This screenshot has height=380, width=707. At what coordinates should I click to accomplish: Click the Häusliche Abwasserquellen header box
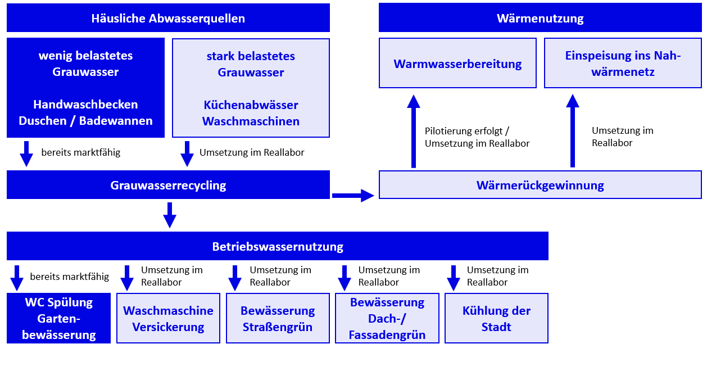pos(168,18)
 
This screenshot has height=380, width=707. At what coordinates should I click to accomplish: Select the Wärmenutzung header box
pos(540,18)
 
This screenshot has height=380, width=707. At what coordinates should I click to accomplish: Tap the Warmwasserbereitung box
pos(457,64)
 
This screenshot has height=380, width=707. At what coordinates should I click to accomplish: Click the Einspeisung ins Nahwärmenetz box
pos(623,64)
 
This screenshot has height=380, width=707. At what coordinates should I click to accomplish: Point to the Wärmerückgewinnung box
pos(540,185)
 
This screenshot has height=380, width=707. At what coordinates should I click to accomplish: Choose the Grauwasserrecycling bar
pos(168,185)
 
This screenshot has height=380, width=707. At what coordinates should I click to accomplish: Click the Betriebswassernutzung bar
pos(277,246)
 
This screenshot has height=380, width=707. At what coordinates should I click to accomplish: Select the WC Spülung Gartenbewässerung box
pos(58,319)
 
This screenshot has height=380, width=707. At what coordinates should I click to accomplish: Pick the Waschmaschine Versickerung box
pos(168,319)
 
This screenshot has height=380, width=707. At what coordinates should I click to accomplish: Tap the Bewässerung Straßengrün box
pos(277,319)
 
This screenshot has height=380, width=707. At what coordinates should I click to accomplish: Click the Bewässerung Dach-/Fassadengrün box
pos(387,319)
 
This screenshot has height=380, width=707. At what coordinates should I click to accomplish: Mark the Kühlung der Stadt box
pos(496,319)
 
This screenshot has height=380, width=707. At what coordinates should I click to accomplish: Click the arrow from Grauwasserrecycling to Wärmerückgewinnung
pos(353,196)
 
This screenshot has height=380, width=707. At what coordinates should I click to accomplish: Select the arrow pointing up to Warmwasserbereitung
pos(414,132)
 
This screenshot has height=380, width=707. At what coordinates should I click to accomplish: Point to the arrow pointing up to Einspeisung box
pos(573,132)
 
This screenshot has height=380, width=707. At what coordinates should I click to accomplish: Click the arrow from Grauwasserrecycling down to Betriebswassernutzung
pos(169,215)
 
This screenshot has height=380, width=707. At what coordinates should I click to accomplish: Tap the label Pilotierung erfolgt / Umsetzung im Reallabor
pos(477,137)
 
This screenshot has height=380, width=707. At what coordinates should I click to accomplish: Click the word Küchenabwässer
pos(251,105)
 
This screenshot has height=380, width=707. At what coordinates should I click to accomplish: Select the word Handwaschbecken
pos(85,105)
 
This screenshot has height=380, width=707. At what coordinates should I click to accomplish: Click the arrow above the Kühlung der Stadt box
pos(454,277)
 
